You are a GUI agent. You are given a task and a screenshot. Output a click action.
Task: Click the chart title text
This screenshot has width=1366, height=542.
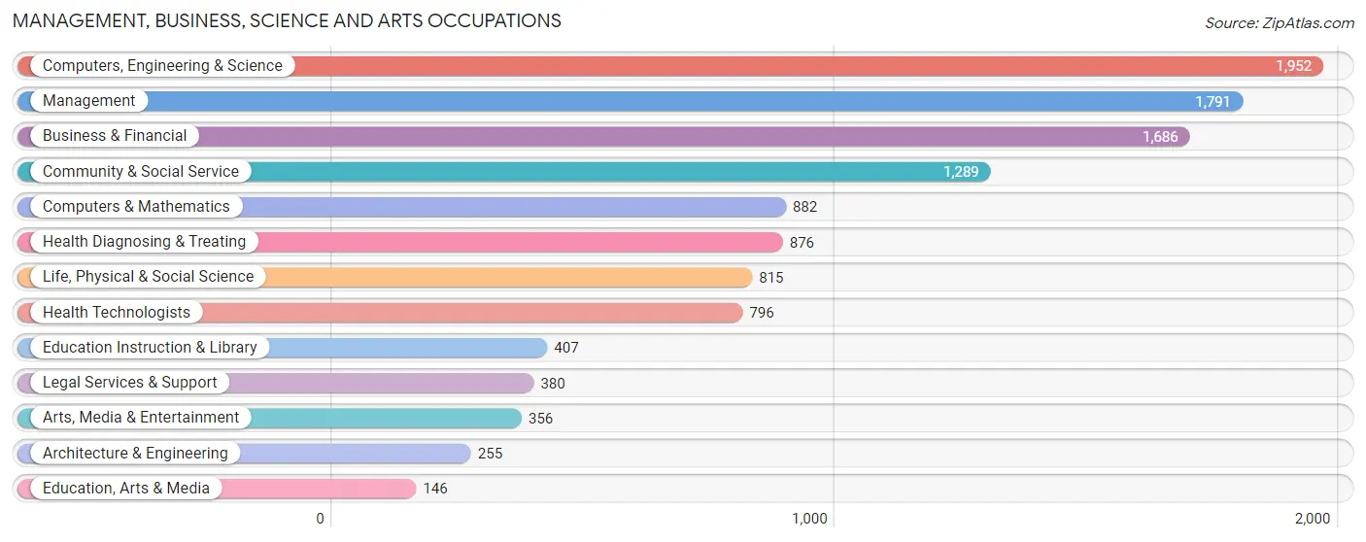(287, 20)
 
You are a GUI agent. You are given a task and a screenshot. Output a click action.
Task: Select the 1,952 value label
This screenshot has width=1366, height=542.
(1293, 66)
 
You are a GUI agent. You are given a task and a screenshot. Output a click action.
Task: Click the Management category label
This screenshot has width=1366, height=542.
(88, 101)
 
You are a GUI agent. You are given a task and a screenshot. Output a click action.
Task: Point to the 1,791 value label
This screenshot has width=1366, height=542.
(1213, 101)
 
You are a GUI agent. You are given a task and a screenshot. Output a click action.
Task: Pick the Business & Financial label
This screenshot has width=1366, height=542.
(115, 136)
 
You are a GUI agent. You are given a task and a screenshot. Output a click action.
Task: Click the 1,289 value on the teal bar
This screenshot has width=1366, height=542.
(961, 172)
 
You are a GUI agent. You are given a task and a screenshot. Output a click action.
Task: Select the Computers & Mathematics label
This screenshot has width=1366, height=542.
(136, 207)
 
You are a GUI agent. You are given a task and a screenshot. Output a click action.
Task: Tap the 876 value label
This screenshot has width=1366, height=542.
(802, 243)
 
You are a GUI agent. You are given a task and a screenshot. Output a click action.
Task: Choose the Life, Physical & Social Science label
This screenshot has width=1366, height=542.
(148, 277)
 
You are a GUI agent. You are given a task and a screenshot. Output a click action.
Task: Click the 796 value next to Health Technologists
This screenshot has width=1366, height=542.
(762, 313)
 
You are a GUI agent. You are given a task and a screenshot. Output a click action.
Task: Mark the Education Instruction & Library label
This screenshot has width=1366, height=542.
(150, 348)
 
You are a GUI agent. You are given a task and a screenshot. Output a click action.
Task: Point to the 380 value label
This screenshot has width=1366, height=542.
(553, 384)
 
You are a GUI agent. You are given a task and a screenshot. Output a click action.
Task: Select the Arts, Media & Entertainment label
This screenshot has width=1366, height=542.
(141, 418)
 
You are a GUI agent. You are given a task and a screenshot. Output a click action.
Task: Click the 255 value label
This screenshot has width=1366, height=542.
(491, 454)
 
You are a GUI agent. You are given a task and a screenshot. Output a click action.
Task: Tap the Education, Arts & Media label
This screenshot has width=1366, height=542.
(126, 489)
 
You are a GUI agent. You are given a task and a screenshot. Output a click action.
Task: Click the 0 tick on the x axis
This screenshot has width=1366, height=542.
(320, 519)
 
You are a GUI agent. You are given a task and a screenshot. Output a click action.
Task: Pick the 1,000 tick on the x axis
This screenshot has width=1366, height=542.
(809, 519)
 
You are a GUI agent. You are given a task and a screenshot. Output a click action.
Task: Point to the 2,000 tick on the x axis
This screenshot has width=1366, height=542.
(1312, 519)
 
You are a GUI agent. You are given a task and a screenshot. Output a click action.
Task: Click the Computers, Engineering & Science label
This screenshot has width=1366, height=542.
(162, 66)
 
